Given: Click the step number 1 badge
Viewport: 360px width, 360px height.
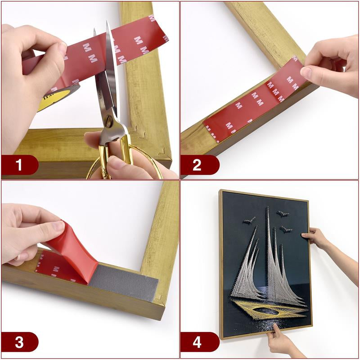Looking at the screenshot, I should click(19, 165).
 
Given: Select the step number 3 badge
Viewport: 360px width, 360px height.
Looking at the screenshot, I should click(19, 342).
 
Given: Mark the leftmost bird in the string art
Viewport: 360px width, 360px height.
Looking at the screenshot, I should click(249, 220).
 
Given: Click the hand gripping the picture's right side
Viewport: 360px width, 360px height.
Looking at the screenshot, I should click(317, 238).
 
